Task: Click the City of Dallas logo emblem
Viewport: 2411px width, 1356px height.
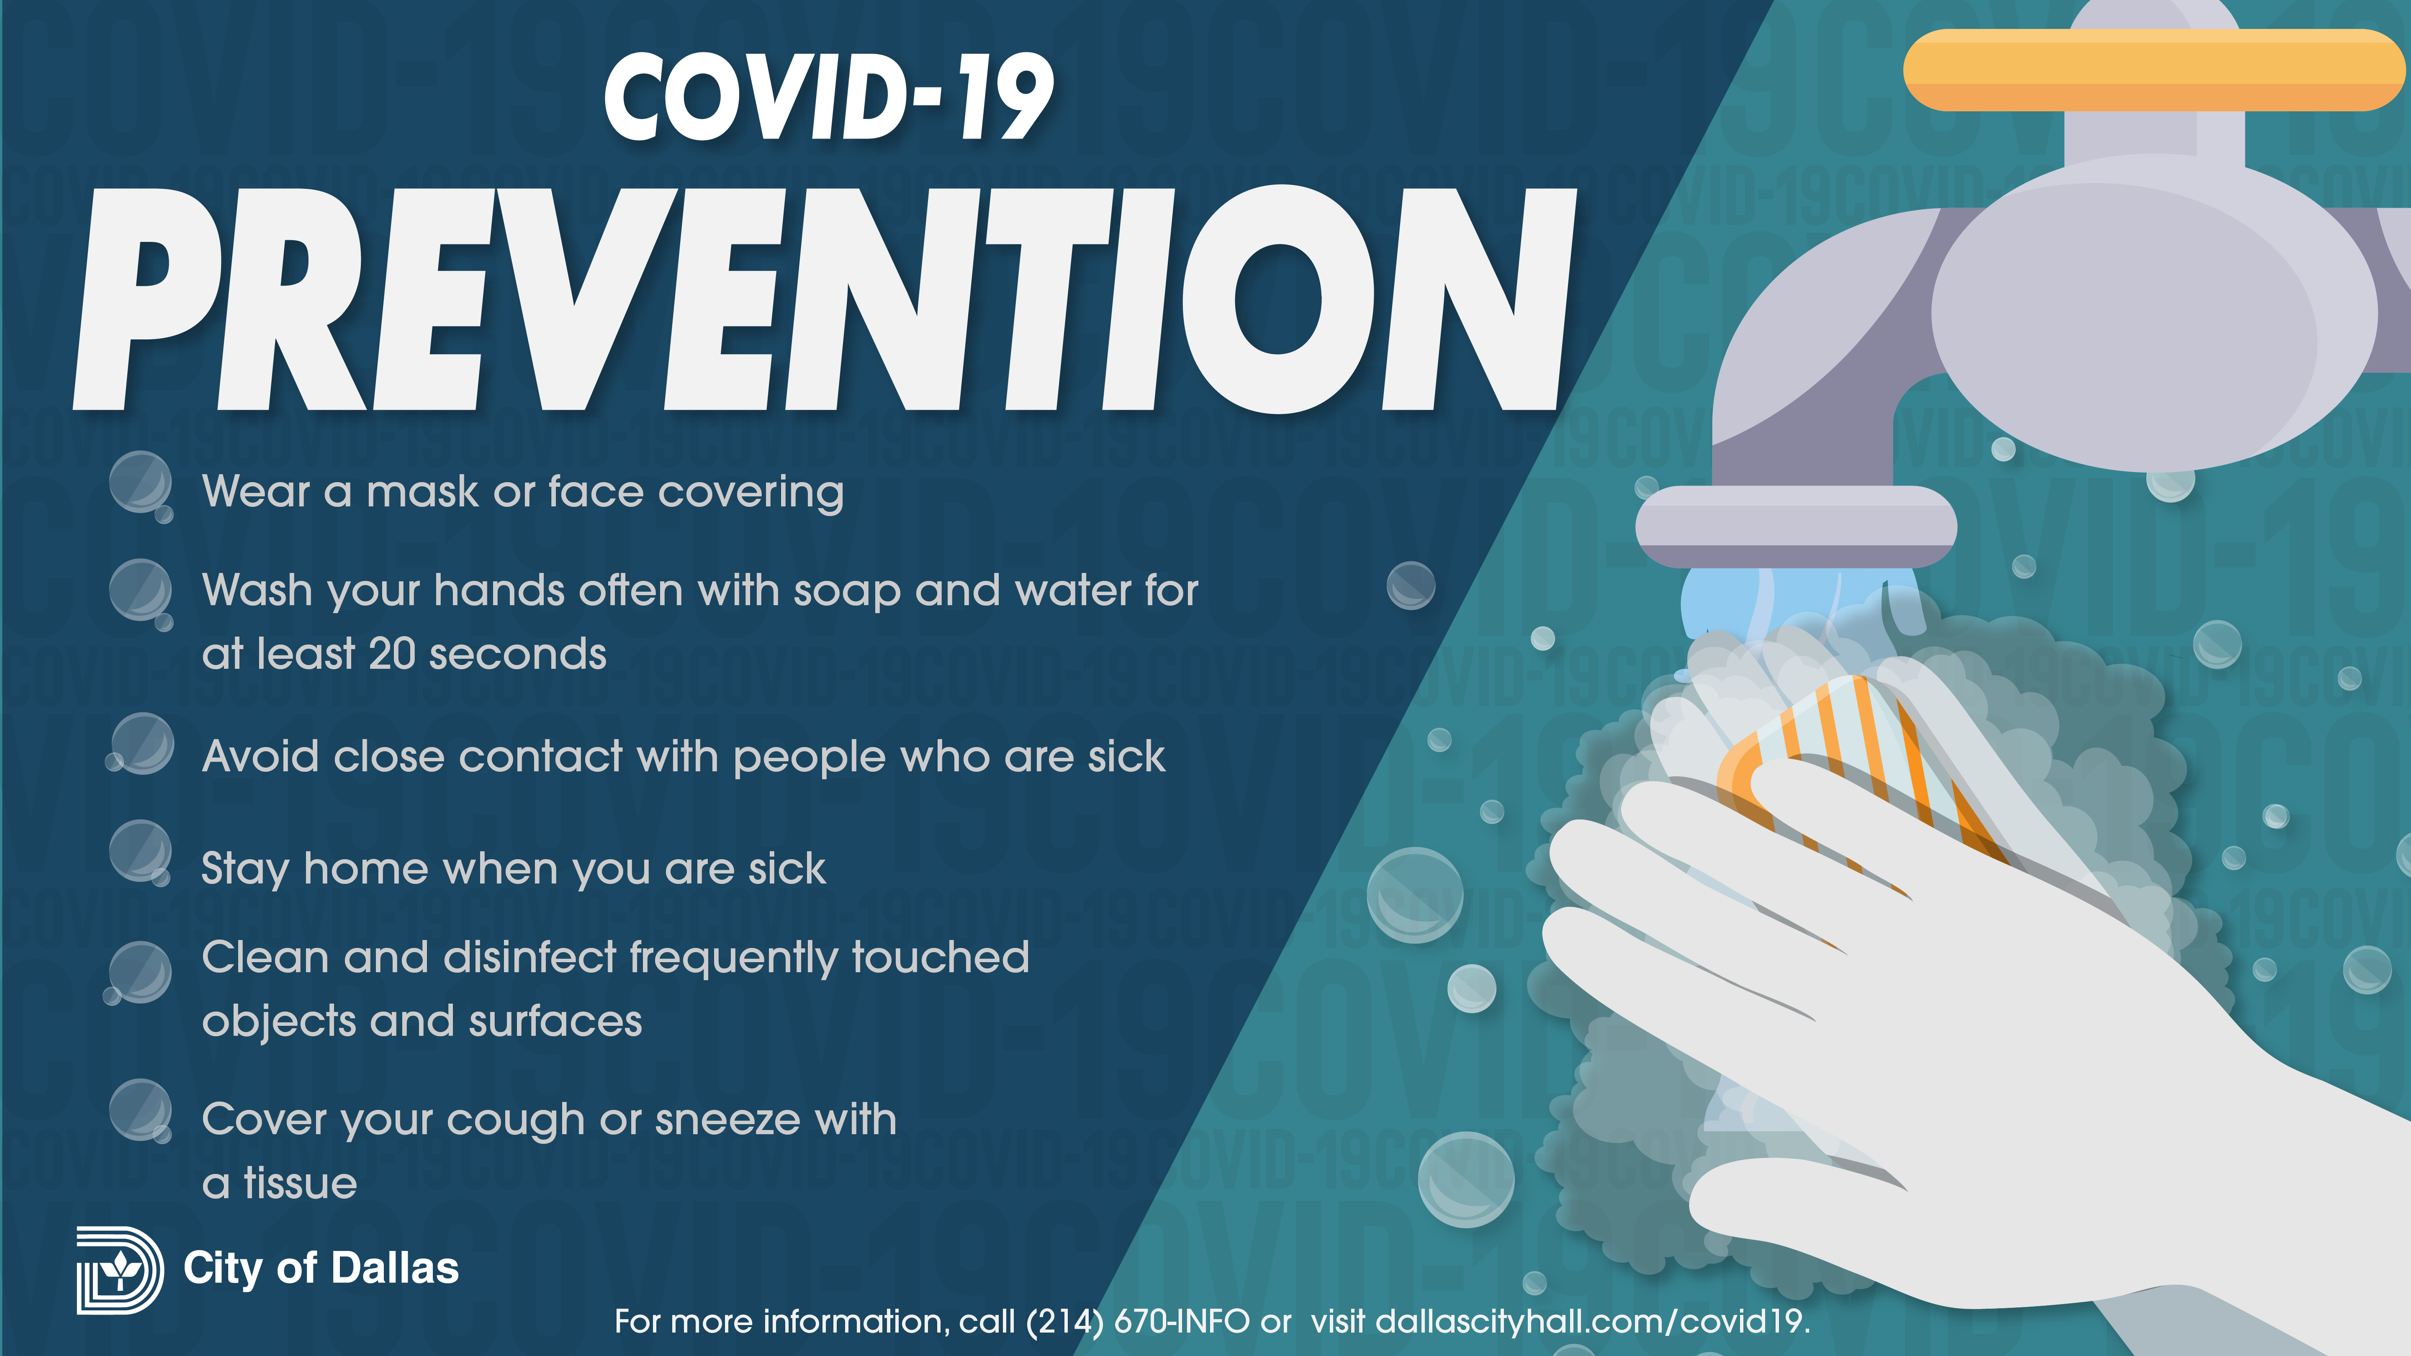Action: click(120, 1270)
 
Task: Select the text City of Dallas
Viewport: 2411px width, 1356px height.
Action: click(321, 1269)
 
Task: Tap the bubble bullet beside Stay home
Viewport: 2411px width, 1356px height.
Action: click(140, 853)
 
